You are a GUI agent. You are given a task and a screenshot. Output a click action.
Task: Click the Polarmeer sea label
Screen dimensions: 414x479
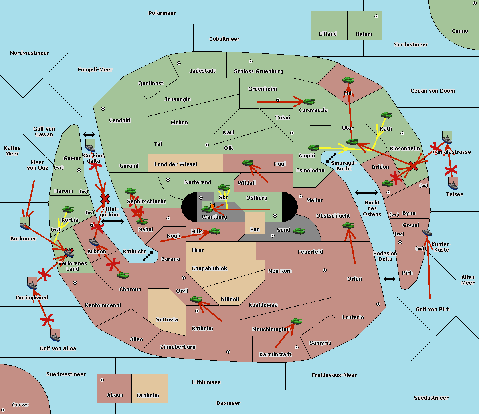pyautogui.click(x=162, y=13)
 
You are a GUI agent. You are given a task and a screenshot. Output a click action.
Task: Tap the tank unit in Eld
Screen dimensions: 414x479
pyautogui.click(x=348, y=80)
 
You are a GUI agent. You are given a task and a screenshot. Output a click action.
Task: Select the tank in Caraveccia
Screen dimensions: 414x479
pyautogui.click(x=309, y=102)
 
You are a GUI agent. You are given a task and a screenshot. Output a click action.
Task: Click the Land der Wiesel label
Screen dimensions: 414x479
pyautogui.click(x=176, y=164)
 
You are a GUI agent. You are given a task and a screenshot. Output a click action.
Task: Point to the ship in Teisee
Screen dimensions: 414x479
pyautogui.click(x=453, y=184)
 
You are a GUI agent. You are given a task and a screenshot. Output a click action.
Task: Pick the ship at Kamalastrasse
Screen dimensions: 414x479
pyautogui.click(x=447, y=138)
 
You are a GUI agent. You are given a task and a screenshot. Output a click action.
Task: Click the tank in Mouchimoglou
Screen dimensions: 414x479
pyautogui.click(x=296, y=321)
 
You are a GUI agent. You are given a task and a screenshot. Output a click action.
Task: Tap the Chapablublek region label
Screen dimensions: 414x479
pyautogui.click(x=209, y=269)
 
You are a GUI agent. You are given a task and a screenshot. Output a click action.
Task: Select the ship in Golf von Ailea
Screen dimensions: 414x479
pyautogui.click(x=55, y=336)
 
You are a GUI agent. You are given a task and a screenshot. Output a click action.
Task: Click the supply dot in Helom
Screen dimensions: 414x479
pyautogui.click(x=376, y=16)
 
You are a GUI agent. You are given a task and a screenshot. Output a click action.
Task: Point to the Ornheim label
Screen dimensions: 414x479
pyautogui.click(x=148, y=396)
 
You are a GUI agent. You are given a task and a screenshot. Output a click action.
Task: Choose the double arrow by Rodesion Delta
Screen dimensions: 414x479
pyautogui.click(x=390, y=279)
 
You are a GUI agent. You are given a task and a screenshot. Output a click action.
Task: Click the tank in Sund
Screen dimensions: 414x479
pyautogui.click(x=299, y=231)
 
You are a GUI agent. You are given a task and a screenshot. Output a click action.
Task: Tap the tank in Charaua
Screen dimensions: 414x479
pyautogui.click(x=123, y=275)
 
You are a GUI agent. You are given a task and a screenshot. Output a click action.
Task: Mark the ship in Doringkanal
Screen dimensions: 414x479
pyautogui.click(x=32, y=284)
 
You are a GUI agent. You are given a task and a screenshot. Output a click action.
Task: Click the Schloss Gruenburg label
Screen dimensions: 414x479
pyautogui.click(x=258, y=71)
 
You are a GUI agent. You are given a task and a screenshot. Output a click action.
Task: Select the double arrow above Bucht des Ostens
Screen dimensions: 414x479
pyautogui.click(x=366, y=193)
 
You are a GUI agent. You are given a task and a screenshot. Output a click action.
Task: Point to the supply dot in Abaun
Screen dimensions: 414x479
pyautogui.click(x=102, y=380)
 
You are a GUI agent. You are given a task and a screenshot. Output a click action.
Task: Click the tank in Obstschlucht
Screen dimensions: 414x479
pyautogui.click(x=348, y=226)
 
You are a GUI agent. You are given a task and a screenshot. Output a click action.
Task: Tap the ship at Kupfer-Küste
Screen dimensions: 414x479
pyautogui.click(x=427, y=232)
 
